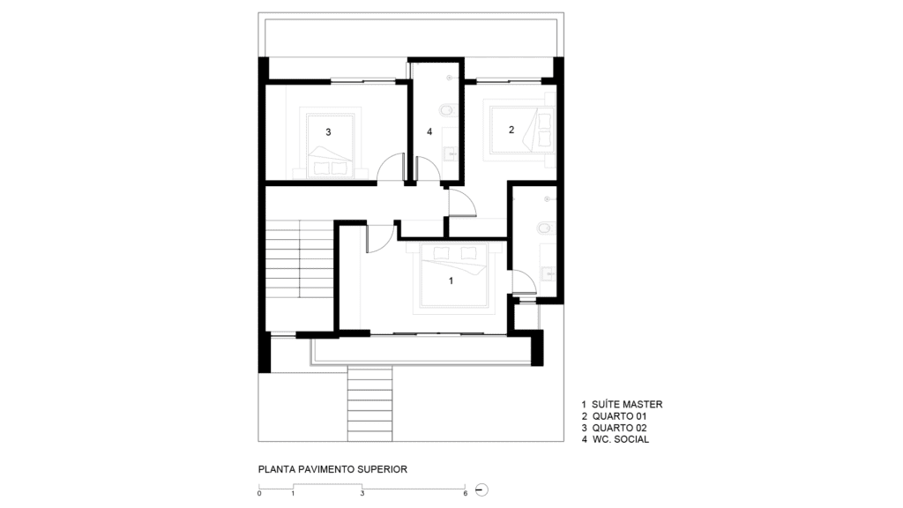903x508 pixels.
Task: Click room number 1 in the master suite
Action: point(451,281)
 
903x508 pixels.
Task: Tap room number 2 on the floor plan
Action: point(511,131)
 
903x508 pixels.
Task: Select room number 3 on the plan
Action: point(328,132)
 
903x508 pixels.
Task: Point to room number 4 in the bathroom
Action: point(429,132)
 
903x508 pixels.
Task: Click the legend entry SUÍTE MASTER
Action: point(627,404)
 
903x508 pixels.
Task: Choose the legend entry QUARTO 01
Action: point(620,416)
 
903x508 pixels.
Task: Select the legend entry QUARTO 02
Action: point(620,428)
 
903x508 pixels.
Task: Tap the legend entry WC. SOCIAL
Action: point(621,439)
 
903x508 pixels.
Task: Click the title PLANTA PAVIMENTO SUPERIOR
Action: point(332,469)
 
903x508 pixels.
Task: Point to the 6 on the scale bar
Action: point(466,494)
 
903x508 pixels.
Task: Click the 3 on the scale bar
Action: point(362,494)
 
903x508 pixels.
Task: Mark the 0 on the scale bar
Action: point(259,494)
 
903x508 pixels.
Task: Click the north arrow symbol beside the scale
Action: point(482,490)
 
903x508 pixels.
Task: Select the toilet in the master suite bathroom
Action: point(545,228)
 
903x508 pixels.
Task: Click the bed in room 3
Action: point(330,146)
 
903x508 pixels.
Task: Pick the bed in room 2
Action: point(521,131)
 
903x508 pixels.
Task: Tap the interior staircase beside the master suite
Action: point(299,259)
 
